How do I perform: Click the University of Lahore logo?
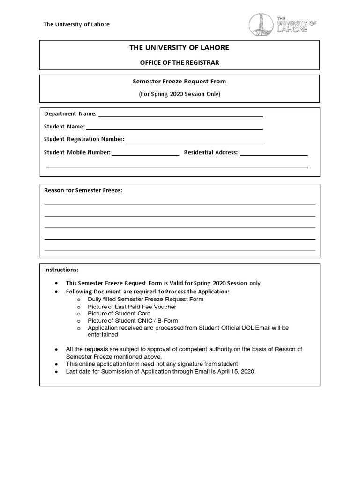coord(282,24)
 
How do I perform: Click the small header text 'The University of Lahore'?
coord(76,24)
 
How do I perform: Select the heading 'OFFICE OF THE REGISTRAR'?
coord(180,62)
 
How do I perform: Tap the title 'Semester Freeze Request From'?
coord(180,81)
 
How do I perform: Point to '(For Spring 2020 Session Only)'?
coord(180,94)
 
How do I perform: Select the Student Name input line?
coord(174,128)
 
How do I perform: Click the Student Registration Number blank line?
coord(195,141)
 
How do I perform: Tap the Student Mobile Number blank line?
coord(145,154)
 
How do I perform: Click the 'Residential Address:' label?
coord(211,152)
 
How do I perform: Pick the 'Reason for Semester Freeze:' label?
coord(83,190)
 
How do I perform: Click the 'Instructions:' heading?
coord(61,270)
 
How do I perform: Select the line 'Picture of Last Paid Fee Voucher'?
coord(132,307)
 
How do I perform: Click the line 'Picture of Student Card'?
coord(120,314)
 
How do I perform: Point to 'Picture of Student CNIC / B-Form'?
coord(133,321)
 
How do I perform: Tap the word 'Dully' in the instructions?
coord(95,299)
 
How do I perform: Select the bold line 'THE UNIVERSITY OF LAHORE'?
coord(180,48)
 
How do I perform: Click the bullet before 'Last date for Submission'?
coord(56,371)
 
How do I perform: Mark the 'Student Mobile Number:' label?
coord(77,152)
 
